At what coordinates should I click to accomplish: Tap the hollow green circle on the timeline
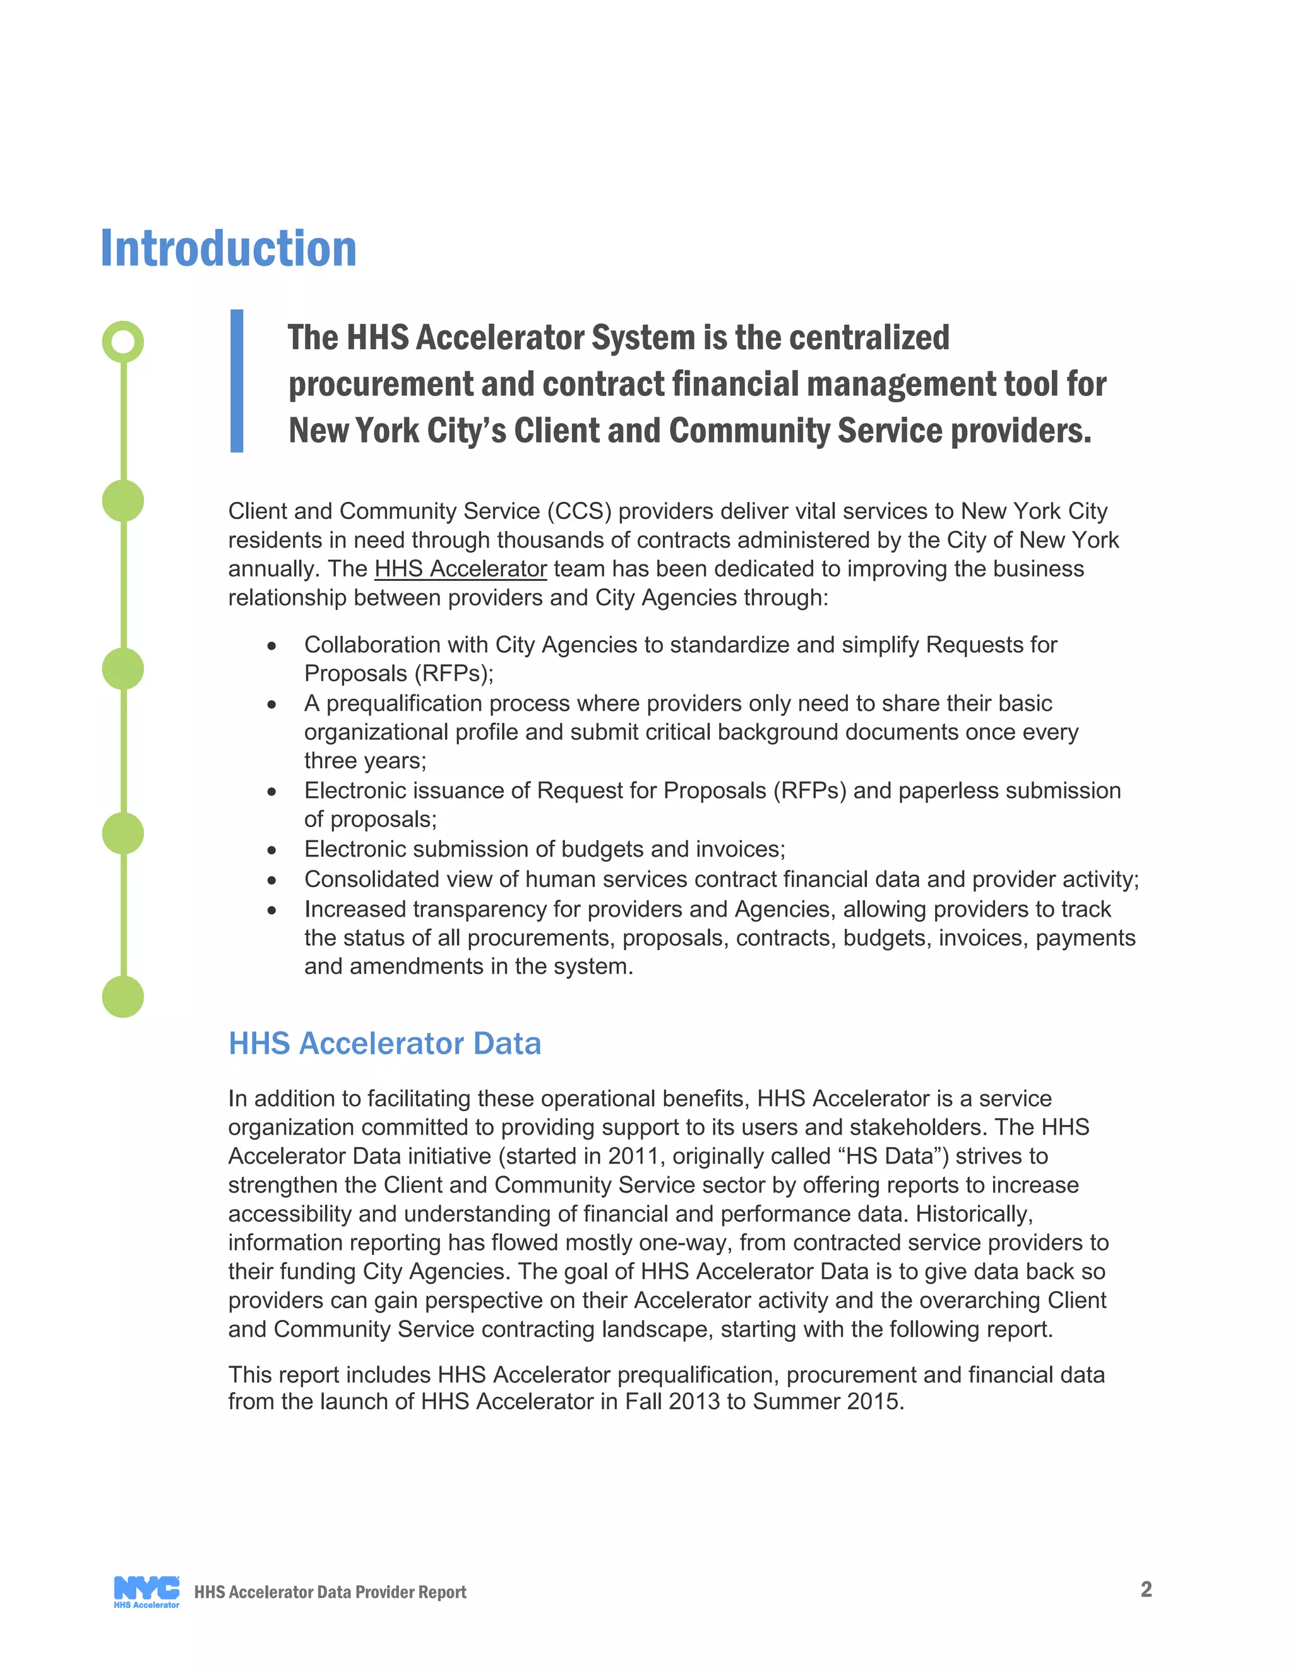[122, 342]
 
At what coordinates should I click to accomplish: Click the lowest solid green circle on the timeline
[122, 997]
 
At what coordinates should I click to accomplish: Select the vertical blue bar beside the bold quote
[237, 381]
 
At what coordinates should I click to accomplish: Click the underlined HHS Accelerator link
[460, 569]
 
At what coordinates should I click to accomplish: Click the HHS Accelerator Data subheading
[384, 1044]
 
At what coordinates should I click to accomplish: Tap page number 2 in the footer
[1146, 1589]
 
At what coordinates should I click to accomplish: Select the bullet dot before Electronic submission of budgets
[271, 850]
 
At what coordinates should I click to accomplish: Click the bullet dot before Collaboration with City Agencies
[271, 646]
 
